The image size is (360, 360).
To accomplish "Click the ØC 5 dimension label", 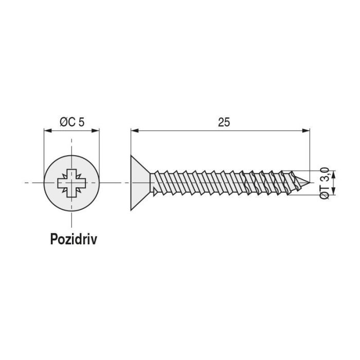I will point(71,122).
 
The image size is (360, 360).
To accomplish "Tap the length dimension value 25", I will point(223,122).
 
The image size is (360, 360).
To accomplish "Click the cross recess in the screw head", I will point(71,183).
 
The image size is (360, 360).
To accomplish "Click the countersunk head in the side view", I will point(140,183).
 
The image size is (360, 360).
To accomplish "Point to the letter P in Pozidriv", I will point(53,240).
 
